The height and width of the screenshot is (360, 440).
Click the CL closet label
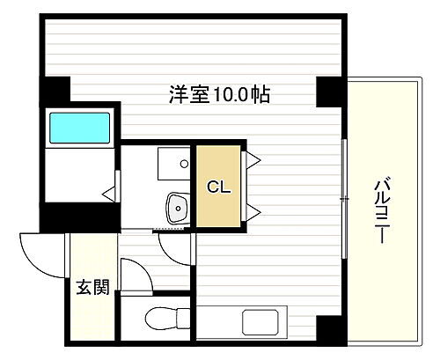(x=218, y=187)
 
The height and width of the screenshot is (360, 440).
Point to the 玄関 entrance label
(x=91, y=288)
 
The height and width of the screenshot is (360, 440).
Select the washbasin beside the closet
(x=177, y=209)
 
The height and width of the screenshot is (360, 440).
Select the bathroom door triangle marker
(x=109, y=190)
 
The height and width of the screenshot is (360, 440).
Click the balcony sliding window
(x=343, y=176)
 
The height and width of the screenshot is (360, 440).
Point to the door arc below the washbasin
(x=176, y=246)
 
